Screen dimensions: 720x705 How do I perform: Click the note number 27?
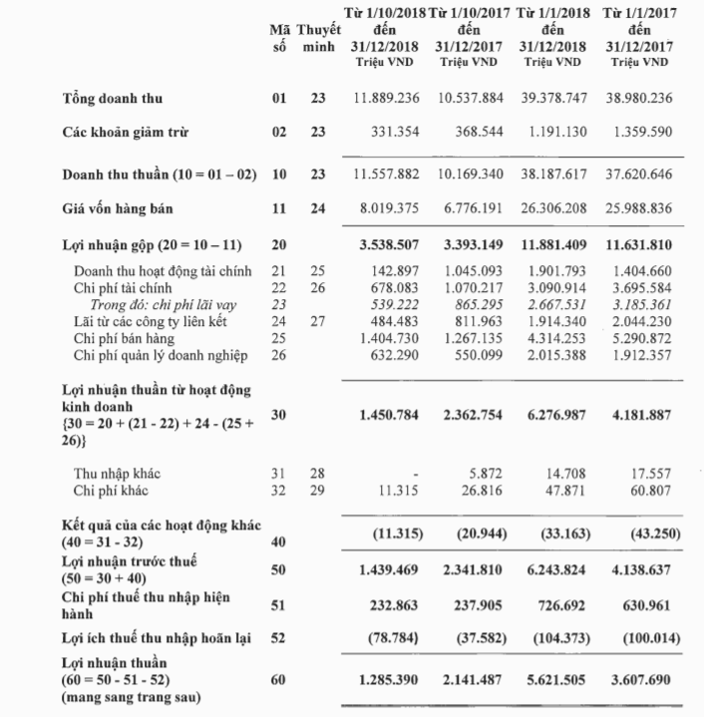[318, 323]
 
